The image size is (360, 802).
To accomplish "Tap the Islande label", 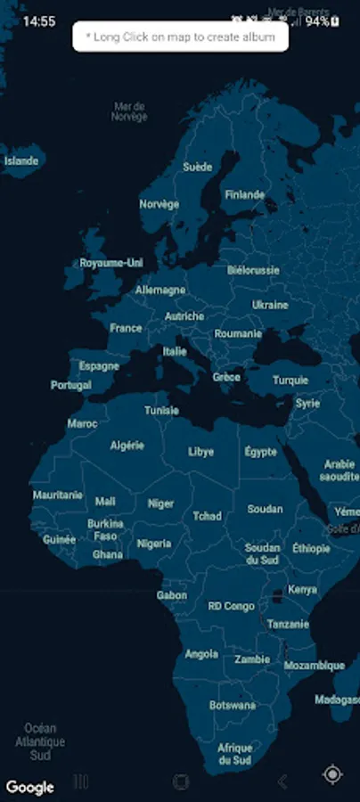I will pyautogui.click(x=21, y=161).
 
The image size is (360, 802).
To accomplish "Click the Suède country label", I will pyautogui.click(x=197, y=167).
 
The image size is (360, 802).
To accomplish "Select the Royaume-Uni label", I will pyautogui.click(x=111, y=264).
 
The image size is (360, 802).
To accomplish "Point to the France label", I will pyautogui.click(x=126, y=328).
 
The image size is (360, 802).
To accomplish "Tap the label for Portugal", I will pyautogui.click(x=71, y=386).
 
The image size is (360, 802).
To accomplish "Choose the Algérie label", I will pyautogui.click(x=127, y=445).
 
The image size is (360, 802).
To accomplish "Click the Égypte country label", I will pyautogui.click(x=260, y=452).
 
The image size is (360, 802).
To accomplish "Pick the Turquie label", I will pyautogui.click(x=290, y=380).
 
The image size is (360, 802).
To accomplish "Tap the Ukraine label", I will pyautogui.click(x=270, y=305).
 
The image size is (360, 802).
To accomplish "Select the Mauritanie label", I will pyautogui.click(x=57, y=495).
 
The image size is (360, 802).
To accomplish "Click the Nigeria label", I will pyautogui.click(x=153, y=544).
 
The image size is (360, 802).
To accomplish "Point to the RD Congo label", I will pyautogui.click(x=231, y=606).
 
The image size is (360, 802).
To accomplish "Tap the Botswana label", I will pyautogui.click(x=233, y=705).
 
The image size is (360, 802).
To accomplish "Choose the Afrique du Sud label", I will pyautogui.click(x=235, y=754).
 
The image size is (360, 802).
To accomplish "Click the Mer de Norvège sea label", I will pyautogui.click(x=129, y=111).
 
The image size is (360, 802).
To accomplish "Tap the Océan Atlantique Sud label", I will pyautogui.click(x=40, y=741).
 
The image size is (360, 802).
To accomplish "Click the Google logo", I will pyautogui.click(x=29, y=787).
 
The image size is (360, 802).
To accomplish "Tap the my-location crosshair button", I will pyautogui.click(x=332, y=774).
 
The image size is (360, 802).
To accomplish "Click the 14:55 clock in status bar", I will pyautogui.click(x=39, y=21).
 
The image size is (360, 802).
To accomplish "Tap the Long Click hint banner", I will pyautogui.click(x=180, y=37).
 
